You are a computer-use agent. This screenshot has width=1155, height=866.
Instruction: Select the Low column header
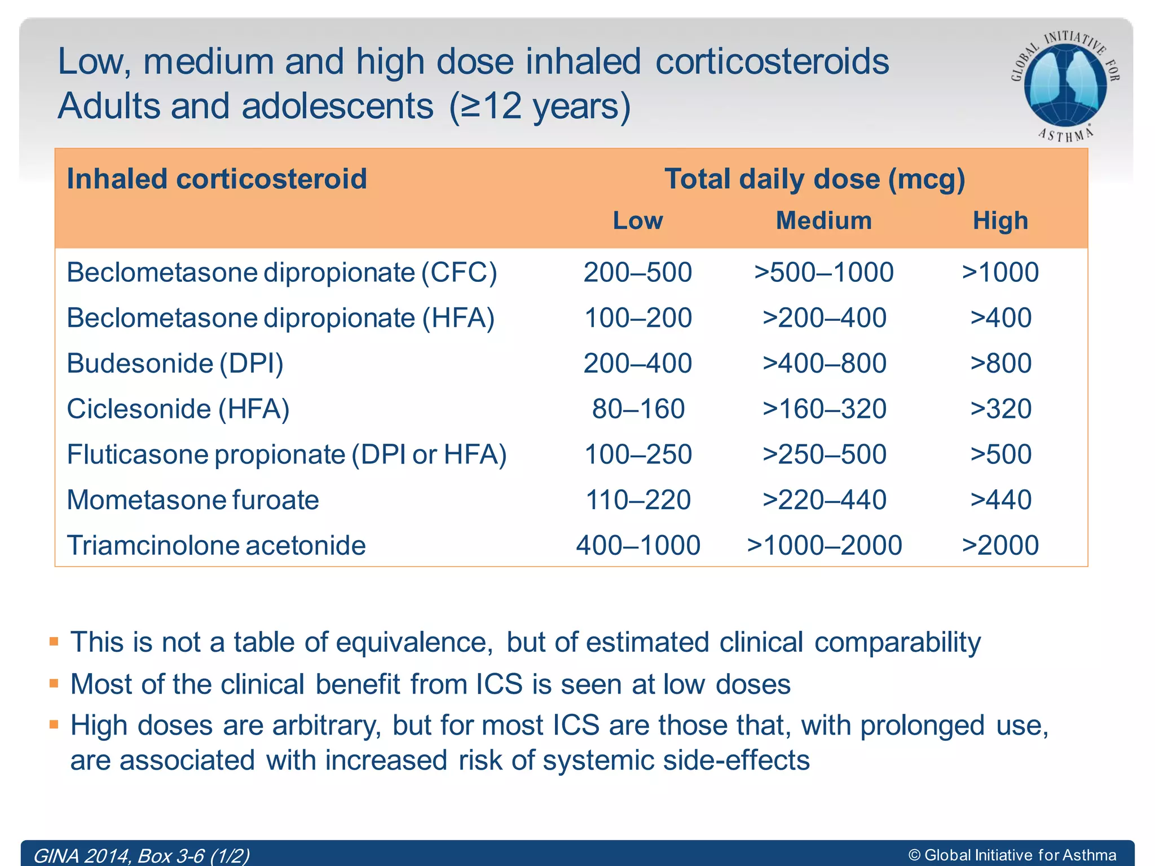[x=638, y=220]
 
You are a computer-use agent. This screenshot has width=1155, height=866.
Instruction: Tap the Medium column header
[x=824, y=220]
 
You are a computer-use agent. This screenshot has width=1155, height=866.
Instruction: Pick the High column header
[x=1000, y=220]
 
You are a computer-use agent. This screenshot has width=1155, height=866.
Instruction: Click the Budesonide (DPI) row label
[x=175, y=363]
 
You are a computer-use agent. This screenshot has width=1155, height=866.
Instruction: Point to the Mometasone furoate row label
[x=193, y=500]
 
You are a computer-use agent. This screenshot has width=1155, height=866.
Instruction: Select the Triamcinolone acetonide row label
[x=216, y=545]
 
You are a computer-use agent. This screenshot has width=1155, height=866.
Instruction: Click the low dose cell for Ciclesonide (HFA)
[x=638, y=409]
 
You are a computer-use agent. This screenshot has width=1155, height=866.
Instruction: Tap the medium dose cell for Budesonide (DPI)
[x=824, y=363]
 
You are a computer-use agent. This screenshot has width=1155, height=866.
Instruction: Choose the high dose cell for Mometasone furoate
[x=1000, y=500]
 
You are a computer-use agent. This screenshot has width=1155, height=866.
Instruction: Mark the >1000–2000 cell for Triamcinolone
[x=824, y=545]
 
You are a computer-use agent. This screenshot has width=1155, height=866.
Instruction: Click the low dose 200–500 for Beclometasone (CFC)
[x=638, y=272]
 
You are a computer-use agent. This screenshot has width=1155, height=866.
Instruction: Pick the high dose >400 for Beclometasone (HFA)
[x=1000, y=318]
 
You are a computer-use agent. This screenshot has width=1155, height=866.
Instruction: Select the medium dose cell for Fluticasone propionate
[x=824, y=454]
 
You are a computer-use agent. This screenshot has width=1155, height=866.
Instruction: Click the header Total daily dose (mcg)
[x=814, y=179]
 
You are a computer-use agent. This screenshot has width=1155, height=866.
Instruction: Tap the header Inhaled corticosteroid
[x=217, y=179]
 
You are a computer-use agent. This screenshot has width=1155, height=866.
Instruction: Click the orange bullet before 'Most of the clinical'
[x=54, y=683]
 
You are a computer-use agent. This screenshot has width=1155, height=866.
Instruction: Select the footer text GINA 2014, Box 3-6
[x=141, y=856]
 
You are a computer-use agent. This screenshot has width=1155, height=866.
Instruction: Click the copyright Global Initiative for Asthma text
[x=1012, y=855]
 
